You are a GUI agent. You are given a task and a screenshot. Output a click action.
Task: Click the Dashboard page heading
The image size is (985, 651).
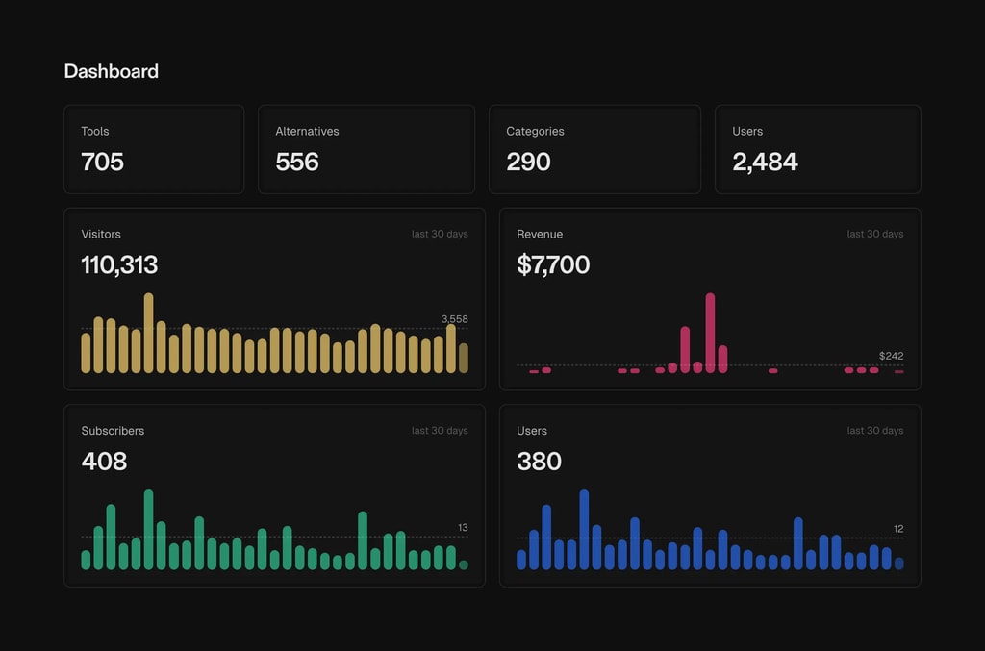click(x=111, y=71)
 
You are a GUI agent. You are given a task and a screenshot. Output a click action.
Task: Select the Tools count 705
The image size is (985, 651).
click(x=102, y=162)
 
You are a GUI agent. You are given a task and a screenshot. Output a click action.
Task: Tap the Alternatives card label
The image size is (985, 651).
click(x=307, y=131)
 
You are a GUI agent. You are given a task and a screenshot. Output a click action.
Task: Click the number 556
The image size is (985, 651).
click(x=296, y=162)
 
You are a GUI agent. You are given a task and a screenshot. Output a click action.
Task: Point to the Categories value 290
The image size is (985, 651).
click(x=528, y=162)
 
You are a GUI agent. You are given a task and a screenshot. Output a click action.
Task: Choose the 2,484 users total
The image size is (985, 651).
click(x=765, y=162)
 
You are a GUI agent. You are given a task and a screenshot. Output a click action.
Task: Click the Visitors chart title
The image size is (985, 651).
click(x=101, y=234)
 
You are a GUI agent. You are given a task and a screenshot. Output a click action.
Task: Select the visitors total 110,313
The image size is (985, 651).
click(x=119, y=264)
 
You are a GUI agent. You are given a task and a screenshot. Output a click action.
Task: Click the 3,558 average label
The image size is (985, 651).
click(x=454, y=318)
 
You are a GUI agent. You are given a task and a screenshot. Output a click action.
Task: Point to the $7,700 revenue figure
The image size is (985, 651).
click(x=553, y=264)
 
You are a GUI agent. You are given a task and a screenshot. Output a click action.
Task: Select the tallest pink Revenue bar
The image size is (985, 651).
click(x=710, y=332)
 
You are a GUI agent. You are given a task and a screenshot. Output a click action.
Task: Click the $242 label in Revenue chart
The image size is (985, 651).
click(x=891, y=356)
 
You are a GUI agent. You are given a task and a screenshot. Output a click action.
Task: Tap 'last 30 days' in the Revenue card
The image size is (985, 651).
click(x=874, y=234)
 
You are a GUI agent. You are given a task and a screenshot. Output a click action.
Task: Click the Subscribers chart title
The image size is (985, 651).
click(x=113, y=431)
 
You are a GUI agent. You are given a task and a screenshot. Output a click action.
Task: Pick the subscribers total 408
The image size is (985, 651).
click(x=104, y=462)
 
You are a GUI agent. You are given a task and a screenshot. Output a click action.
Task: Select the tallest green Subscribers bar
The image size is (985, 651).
click(x=149, y=530)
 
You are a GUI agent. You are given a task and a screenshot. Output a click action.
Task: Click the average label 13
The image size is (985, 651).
click(x=463, y=528)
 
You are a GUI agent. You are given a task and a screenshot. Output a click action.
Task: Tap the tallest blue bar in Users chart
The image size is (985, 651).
click(x=584, y=530)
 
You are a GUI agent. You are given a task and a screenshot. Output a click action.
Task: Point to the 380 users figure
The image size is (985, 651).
click(x=539, y=462)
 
